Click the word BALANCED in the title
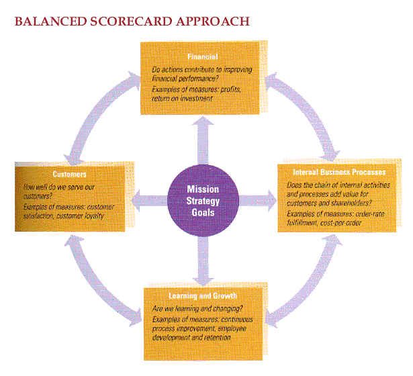tap(44, 21)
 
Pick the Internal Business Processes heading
tap(339, 173)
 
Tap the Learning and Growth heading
tap(202, 296)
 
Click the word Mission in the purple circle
tap(203, 189)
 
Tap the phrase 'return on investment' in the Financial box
tap(182, 98)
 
